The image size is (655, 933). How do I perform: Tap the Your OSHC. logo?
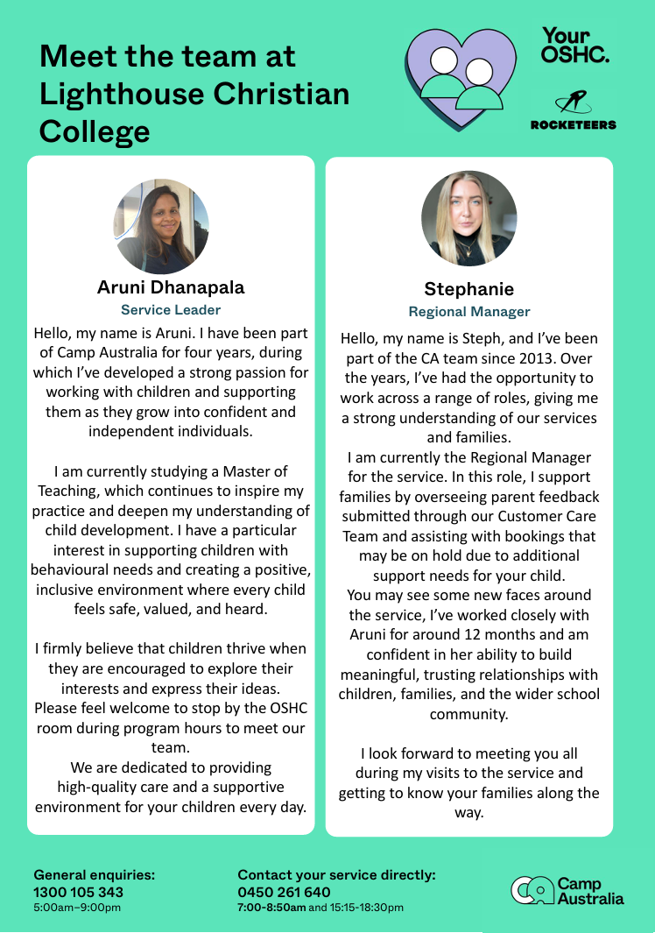575,46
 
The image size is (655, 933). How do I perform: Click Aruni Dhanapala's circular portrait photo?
161,227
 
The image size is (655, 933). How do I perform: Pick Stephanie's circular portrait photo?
469,218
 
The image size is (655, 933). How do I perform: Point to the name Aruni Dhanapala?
171,287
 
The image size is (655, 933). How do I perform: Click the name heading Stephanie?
469,289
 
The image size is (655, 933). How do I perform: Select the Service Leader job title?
171,309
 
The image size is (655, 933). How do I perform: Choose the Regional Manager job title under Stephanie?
469,312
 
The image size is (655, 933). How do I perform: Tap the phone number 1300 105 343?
79,892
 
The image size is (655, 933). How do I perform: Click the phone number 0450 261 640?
285,892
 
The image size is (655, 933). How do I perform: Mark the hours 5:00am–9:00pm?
77,908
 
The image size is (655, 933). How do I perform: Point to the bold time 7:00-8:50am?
271,908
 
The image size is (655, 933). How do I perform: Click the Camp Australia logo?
567,890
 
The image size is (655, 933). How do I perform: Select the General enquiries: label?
95,874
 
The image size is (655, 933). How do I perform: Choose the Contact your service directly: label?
336,874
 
